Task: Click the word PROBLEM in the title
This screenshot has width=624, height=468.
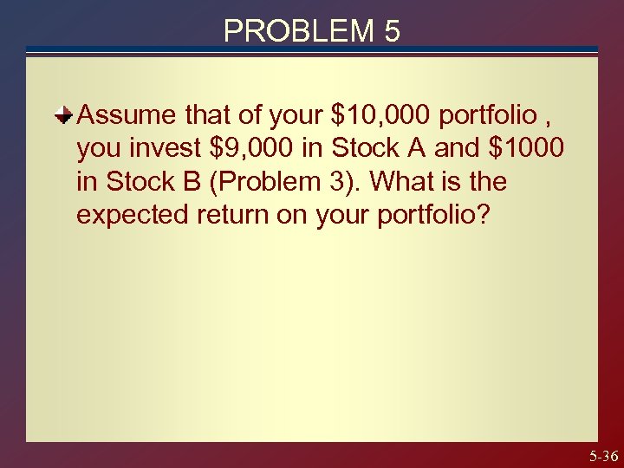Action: coord(295,31)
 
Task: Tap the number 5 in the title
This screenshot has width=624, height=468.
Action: coord(392,31)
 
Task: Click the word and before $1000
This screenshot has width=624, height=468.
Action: coord(456,148)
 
